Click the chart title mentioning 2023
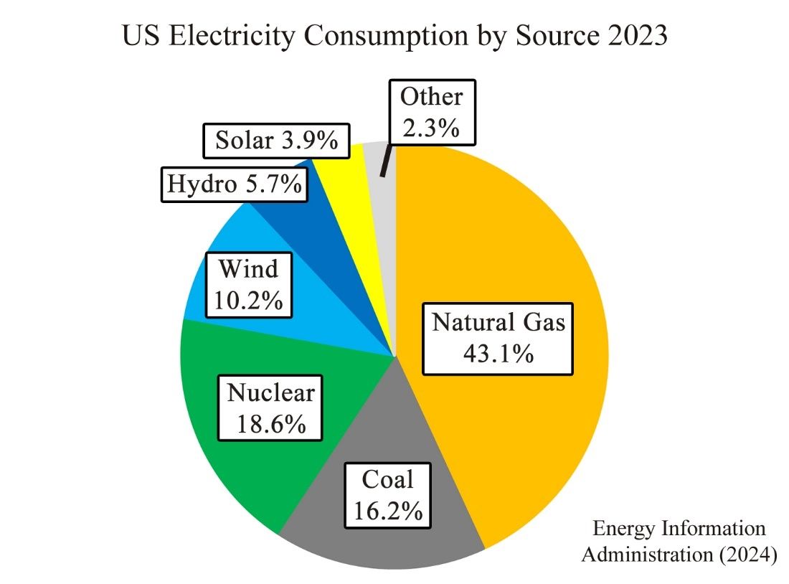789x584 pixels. pos(394,36)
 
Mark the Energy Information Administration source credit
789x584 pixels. pos(679,542)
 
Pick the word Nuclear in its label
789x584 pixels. pos(271,392)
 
